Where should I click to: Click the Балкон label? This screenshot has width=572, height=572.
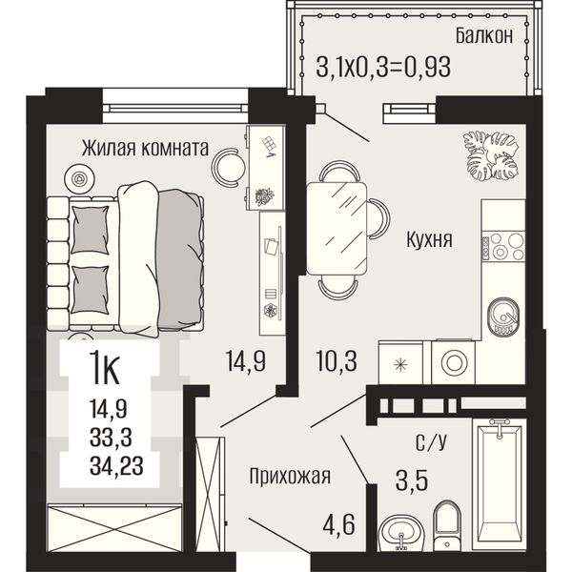pos(484,36)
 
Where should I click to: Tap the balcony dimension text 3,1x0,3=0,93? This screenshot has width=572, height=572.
pos(383,67)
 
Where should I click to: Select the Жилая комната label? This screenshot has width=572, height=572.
pos(145,148)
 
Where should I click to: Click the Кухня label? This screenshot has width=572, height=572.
pos(429,239)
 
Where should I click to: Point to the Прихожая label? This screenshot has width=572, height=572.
pos(290,476)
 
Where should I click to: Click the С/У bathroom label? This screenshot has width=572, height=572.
pos(431,442)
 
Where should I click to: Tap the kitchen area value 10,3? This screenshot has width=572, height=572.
pos(337,360)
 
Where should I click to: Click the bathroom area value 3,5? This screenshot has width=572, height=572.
pos(412,481)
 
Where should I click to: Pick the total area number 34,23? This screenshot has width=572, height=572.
pos(116,466)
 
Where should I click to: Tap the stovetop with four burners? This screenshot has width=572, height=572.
pos(503,247)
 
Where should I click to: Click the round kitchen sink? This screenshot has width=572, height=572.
pos(503,317)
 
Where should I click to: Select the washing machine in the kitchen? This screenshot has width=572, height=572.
pos(454,362)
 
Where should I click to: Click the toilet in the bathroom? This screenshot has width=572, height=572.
pos(447,524)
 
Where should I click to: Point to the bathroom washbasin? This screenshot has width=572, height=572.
pos(401,532)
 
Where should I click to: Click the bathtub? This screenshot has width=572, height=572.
pos(500,484)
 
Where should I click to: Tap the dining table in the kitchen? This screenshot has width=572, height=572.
pos(337,229)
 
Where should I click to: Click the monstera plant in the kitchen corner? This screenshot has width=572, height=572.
pos(490,155)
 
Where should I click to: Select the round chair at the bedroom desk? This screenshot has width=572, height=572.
pos(229,168)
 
